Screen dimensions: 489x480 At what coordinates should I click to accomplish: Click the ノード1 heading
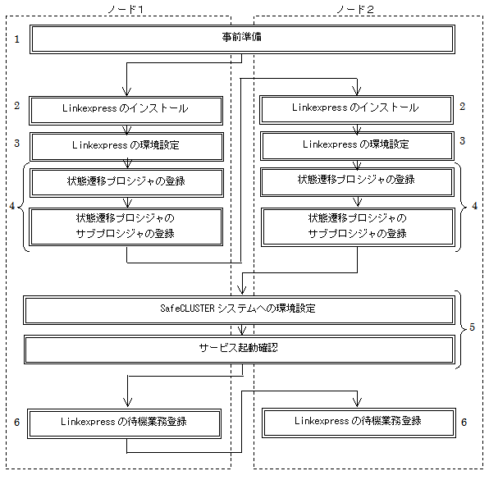pyautogui.click(x=126, y=9)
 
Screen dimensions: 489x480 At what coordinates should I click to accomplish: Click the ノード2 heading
pyautogui.click(x=355, y=9)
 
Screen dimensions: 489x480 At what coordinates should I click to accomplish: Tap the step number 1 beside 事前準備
pyautogui.click(x=17, y=39)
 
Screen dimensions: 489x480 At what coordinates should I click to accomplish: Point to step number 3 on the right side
pyautogui.click(x=463, y=140)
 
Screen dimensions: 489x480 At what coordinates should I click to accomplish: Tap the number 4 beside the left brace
pyautogui.click(x=12, y=206)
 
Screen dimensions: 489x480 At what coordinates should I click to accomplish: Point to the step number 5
pyautogui.click(x=472, y=327)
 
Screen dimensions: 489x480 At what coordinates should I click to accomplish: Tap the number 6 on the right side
pyautogui.click(x=464, y=422)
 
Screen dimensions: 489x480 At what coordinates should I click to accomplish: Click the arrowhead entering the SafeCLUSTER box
pyautogui.click(x=242, y=290)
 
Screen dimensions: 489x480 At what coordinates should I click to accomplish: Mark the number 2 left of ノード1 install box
pyautogui.click(x=17, y=105)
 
